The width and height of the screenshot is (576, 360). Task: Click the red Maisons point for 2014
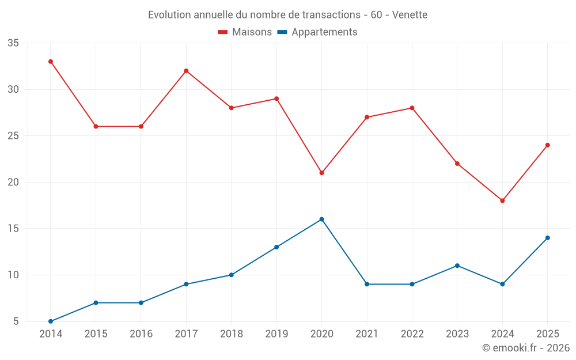click(51, 62)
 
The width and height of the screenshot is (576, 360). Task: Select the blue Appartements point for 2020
click(322, 219)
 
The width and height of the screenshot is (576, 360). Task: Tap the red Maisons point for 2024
click(502, 200)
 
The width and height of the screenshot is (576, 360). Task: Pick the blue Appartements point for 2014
click(51, 321)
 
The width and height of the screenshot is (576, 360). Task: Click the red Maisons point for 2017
click(186, 71)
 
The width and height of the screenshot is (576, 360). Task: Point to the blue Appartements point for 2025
click(548, 238)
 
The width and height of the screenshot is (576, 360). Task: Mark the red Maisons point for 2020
click(322, 173)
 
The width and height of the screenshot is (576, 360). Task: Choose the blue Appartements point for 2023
click(457, 266)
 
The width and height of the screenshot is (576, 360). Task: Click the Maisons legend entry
click(245, 32)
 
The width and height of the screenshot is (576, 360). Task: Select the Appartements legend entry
click(317, 32)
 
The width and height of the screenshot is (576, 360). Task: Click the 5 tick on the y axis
click(16, 321)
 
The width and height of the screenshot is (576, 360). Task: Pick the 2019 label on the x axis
click(276, 334)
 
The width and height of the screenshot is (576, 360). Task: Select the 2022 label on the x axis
click(412, 334)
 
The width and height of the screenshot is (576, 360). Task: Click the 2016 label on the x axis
click(141, 334)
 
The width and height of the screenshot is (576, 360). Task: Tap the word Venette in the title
click(410, 15)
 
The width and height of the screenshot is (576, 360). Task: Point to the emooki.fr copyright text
click(526, 347)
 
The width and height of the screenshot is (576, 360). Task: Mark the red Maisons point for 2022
click(412, 108)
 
